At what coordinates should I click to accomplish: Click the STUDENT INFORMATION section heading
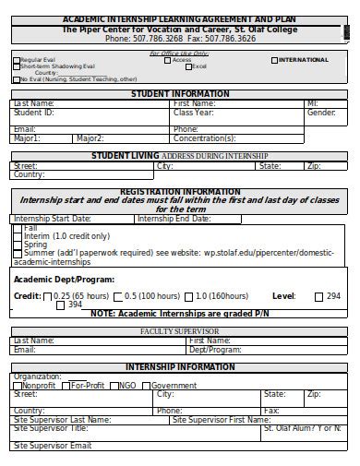[x=180, y=94]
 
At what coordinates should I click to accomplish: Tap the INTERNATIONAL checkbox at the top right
[x=274, y=60]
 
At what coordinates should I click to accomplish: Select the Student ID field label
[x=34, y=112]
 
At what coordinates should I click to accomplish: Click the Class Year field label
[x=194, y=112]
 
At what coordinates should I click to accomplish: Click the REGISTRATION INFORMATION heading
[x=180, y=191]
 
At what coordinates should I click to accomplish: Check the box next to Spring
[x=18, y=244]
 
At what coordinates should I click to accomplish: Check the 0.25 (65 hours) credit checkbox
[x=48, y=296]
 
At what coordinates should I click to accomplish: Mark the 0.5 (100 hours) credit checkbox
[x=116, y=296]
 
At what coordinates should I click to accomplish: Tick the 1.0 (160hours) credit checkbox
[x=188, y=296]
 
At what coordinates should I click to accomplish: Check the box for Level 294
[x=319, y=296]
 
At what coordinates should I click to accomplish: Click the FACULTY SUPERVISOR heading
[x=179, y=330]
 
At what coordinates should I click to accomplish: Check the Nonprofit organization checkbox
[x=18, y=386]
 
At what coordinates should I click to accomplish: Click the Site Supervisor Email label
[x=53, y=446]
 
